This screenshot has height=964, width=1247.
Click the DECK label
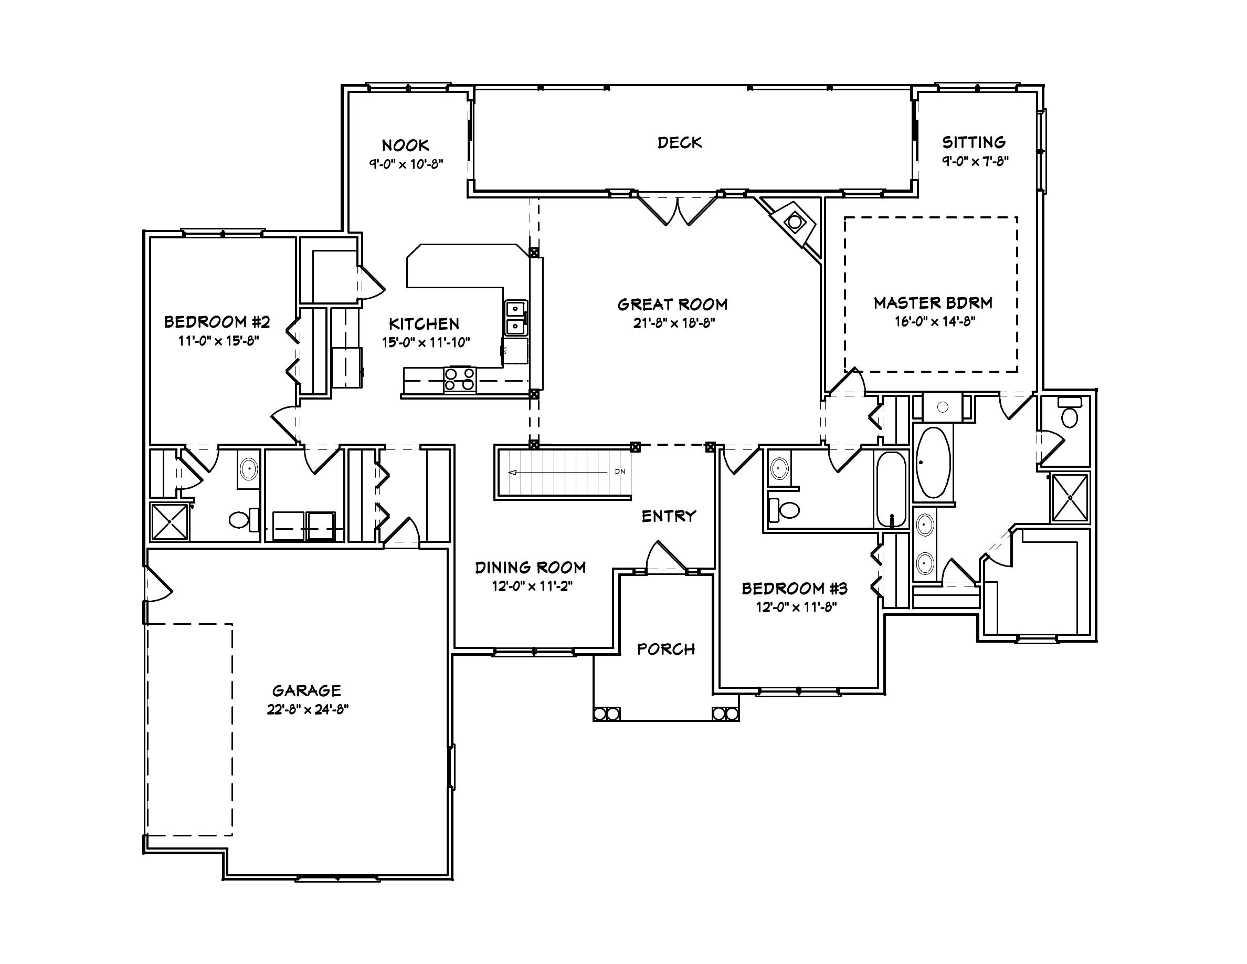click(680, 143)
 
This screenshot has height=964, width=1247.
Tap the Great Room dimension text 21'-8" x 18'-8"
click(674, 323)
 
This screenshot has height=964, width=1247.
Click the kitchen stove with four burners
click(460, 379)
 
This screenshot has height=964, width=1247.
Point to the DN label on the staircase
click(620, 471)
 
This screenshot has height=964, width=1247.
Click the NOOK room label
click(405, 145)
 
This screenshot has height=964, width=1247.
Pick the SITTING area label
click(974, 142)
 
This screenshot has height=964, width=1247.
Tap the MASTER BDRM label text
click(933, 303)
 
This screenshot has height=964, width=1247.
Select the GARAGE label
click(307, 691)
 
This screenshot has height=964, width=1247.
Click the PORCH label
click(666, 649)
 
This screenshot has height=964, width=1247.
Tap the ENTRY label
click(669, 517)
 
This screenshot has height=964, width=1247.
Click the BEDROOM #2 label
click(217, 322)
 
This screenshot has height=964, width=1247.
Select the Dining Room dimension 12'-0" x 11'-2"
click(532, 586)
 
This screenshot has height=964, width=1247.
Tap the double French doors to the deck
click(677, 210)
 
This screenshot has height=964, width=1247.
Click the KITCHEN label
click(424, 324)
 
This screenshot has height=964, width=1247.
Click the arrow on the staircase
click(513, 473)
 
